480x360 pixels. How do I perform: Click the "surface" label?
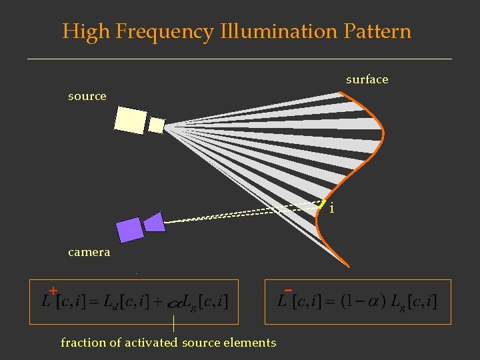[x=367, y=79]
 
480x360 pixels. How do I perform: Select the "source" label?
[x=87, y=96]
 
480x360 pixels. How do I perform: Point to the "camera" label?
[x=89, y=253]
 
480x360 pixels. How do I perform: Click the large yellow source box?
[x=130, y=119]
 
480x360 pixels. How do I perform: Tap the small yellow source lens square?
[x=156, y=125]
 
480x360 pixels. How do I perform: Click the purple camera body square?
[x=129, y=230]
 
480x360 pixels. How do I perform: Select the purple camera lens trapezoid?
[x=155, y=222]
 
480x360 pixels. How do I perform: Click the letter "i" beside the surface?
[x=332, y=209]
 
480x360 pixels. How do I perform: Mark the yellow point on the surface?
[x=322, y=205]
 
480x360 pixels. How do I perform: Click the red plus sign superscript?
[x=53, y=291]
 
